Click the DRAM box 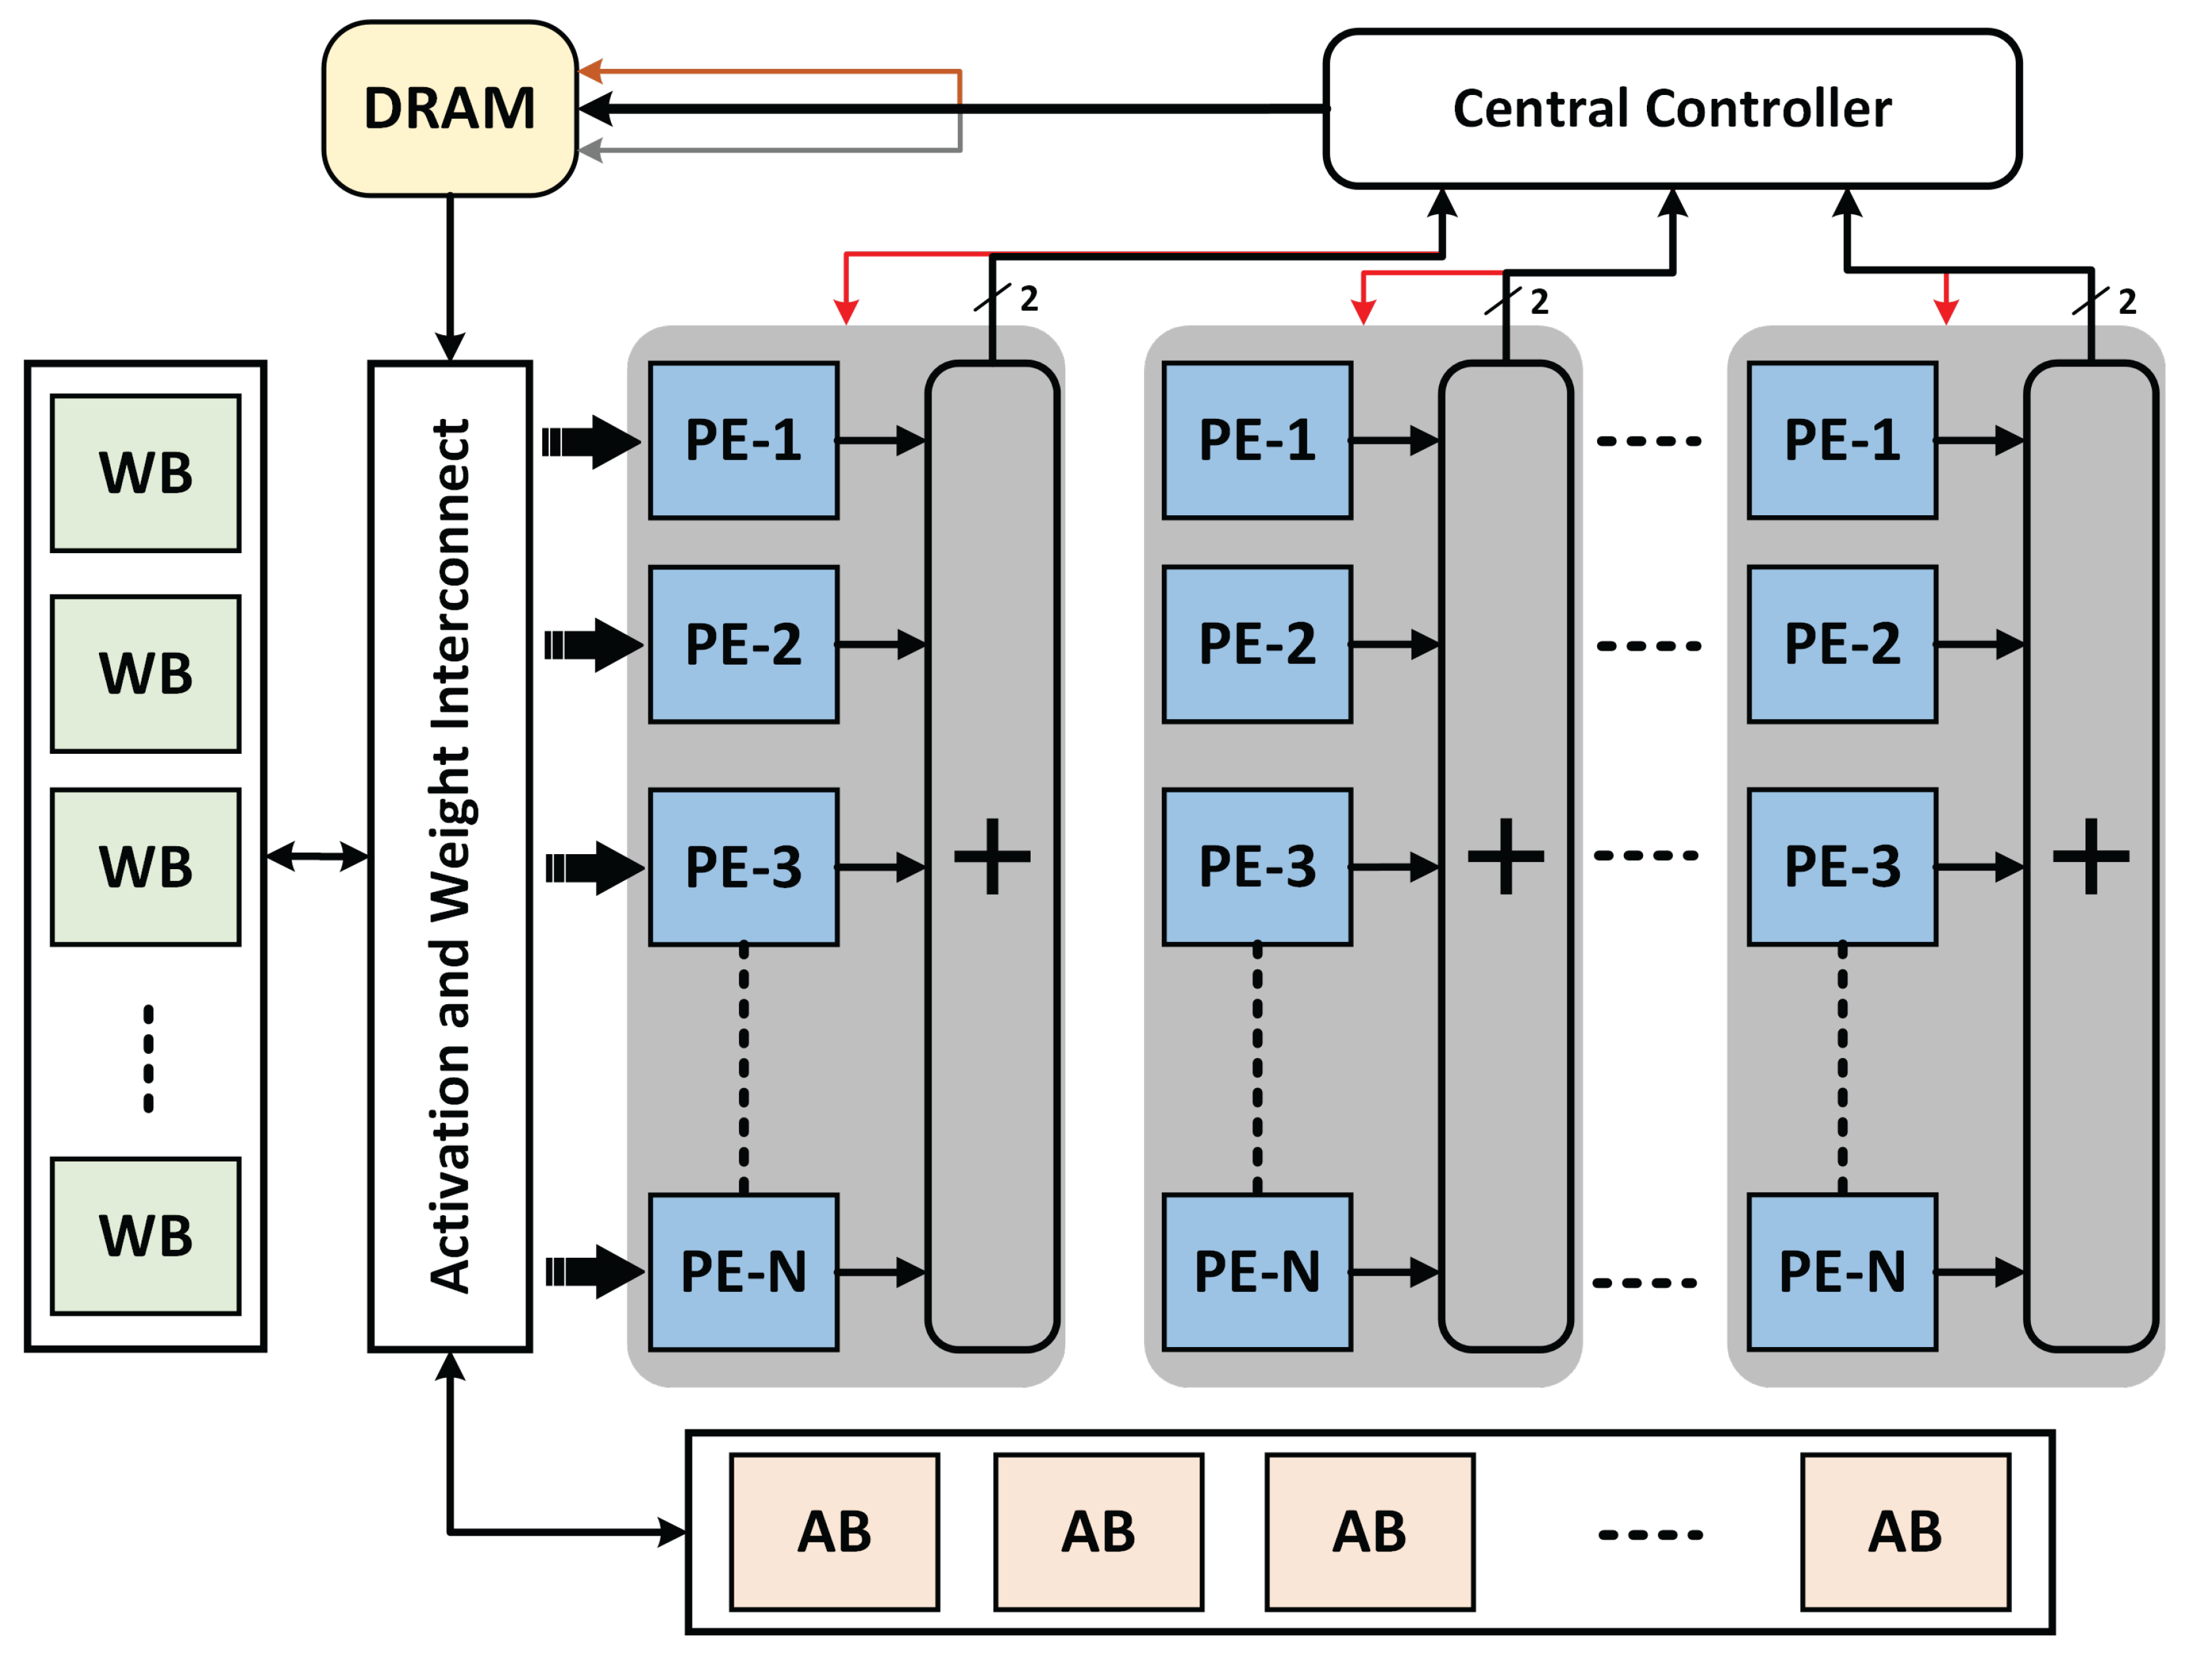click(450, 109)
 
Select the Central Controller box click(1672, 109)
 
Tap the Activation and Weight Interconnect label click(450, 856)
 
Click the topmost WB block click(146, 473)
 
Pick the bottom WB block click(146, 1236)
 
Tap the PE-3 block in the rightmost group click(1842, 867)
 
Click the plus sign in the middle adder click(1505, 856)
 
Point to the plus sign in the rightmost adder click(2091, 856)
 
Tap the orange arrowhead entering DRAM click(590, 71)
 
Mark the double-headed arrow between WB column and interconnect click(317, 856)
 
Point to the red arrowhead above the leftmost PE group click(845, 313)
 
